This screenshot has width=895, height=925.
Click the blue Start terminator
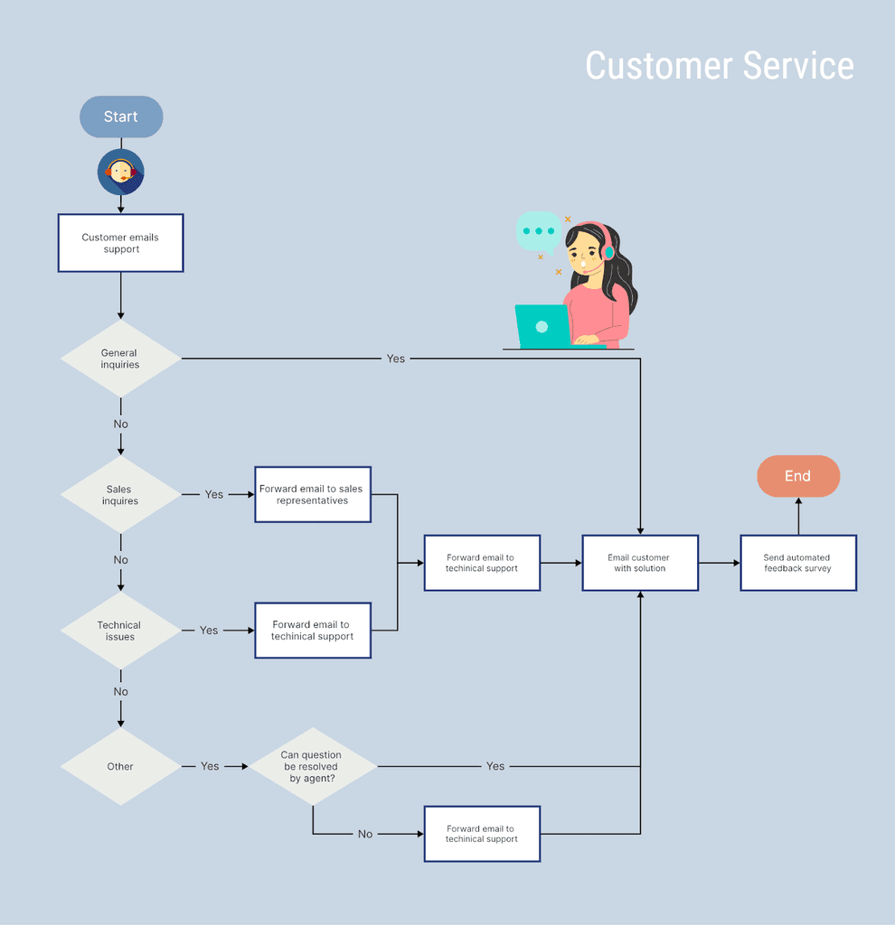tap(121, 117)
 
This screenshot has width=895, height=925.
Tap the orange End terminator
tap(797, 476)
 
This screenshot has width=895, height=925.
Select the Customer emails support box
tap(121, 243)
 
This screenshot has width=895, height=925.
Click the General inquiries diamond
tap(120, 359)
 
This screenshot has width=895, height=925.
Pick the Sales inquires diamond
tap(120, 494)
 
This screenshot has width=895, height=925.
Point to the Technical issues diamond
tap(120, 631)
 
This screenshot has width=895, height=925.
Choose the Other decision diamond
tap(120, 766)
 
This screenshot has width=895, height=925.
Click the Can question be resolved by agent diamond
tap(313, 766)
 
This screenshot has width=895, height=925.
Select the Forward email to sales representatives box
tap(313, 494)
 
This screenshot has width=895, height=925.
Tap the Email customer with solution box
tap(640, 563)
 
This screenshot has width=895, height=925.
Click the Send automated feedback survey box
tap(797, 563)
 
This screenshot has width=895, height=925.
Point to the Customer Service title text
tap(720, 66)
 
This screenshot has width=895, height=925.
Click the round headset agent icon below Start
tap(121, 172)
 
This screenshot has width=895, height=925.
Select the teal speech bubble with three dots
tap(538, 231)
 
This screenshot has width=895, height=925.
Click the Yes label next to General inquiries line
tap(396, 359)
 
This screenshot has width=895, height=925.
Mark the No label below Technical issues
tap(121, 692)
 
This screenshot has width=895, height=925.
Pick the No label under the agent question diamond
tap(365, 834)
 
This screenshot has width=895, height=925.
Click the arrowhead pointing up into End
tap(798, 501)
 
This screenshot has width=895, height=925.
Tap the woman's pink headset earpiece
tap(608, 252)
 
